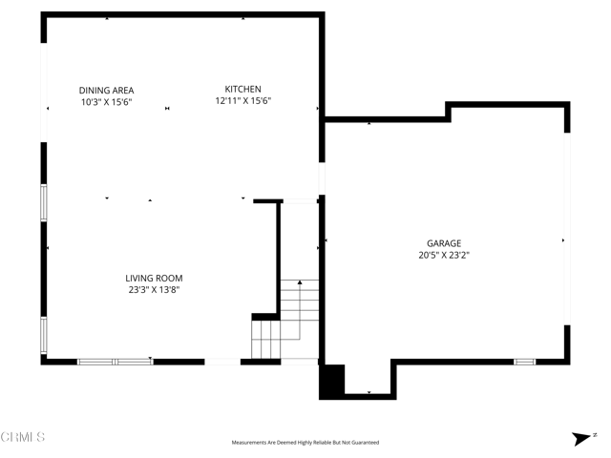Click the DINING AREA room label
pos(105,90)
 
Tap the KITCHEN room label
pos(242,89)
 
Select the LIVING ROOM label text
pos(153,279)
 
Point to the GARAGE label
pos(444,243)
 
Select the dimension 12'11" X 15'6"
pos(242,100)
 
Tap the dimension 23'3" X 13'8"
pos(153,289)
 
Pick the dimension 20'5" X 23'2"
pos(444,255)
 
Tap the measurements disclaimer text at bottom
pos(305,443)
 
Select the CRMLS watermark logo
pos(23,438)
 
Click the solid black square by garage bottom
pos(331,382)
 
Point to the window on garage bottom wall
pos(525,362)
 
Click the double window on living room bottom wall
pos(115,362)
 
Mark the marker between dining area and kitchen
pos(167,109)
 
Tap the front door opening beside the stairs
pos(223,362)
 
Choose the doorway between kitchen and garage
pos(322,179)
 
